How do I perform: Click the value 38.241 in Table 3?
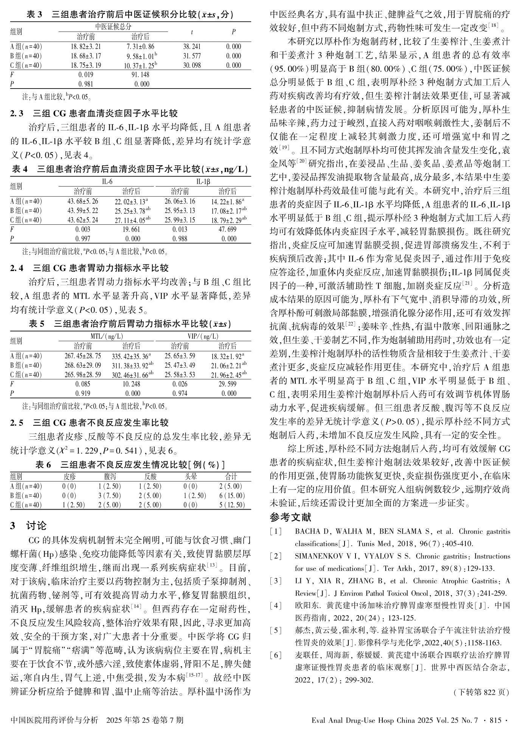[x=192, y=47]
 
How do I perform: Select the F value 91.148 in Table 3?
[x=140, y=75]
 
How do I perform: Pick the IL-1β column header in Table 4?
[x=203, y=182]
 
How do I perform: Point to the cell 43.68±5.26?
[x=83, y=201]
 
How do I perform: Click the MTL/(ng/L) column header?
[x=107, y=336]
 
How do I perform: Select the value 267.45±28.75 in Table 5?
[x=83, y=356]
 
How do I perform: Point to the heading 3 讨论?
[x=28, y=526]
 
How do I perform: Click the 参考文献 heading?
[x=290, y=517]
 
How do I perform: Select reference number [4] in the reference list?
[x=276, y=605]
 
